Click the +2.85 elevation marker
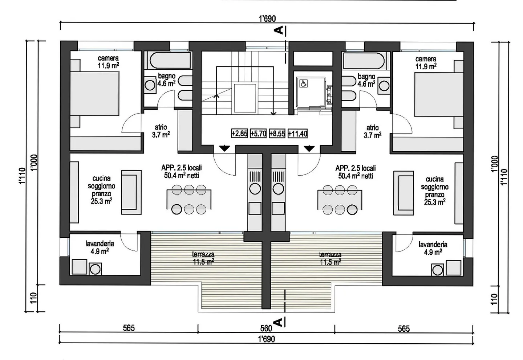coord(239,134)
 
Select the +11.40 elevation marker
coord(297,134)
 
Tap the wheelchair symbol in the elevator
coord(303,84)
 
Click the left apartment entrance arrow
coord(224,148)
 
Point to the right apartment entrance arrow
coord(309,148)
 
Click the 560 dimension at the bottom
coord(266,328)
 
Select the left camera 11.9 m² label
coord(108,62)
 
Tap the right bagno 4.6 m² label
coord(366,80)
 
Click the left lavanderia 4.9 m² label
coord(100,247)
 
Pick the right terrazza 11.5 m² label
coord(330,258)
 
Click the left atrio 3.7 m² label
coord(161,131)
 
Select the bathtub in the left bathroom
coord(169,60)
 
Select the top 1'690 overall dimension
coord(267,19)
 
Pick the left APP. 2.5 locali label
coord(181,172)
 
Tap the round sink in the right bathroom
coord(384,86)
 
